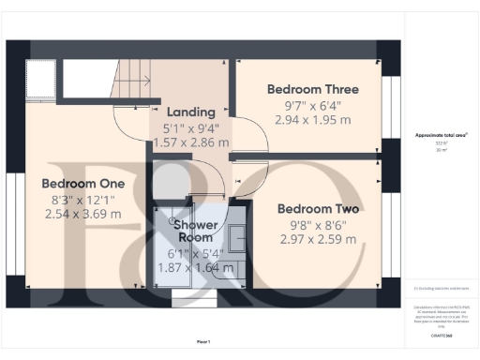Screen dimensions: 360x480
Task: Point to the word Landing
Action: click(x=191, y=112)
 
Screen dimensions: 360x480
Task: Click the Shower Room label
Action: click(x=195, y=231)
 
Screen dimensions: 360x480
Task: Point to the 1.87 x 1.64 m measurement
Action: click(x=195, y=267)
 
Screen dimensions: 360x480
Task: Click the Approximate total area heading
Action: click(x=442, y=135)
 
